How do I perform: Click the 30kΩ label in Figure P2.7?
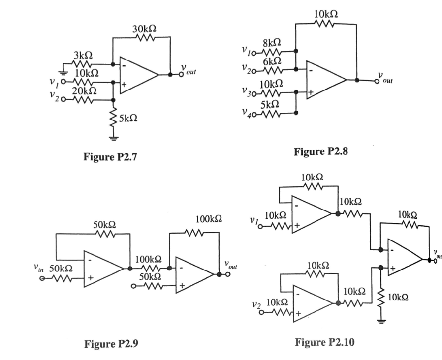click(x=144, y=29)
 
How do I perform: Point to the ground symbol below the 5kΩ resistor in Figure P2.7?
click(x=114, y=136)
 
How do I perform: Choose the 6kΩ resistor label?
click(x=271, y=61)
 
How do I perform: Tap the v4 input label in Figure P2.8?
click(x=248, y=114)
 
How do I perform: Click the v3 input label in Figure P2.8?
click(x=248, y=92)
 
